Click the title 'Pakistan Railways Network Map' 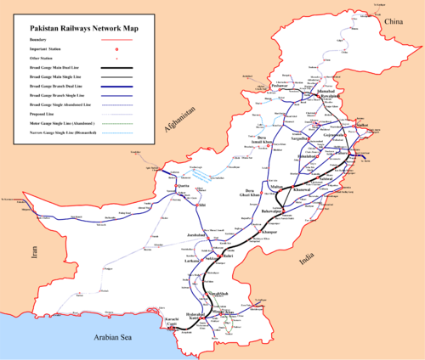tap(76, 27)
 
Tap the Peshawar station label tap(277, 86)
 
